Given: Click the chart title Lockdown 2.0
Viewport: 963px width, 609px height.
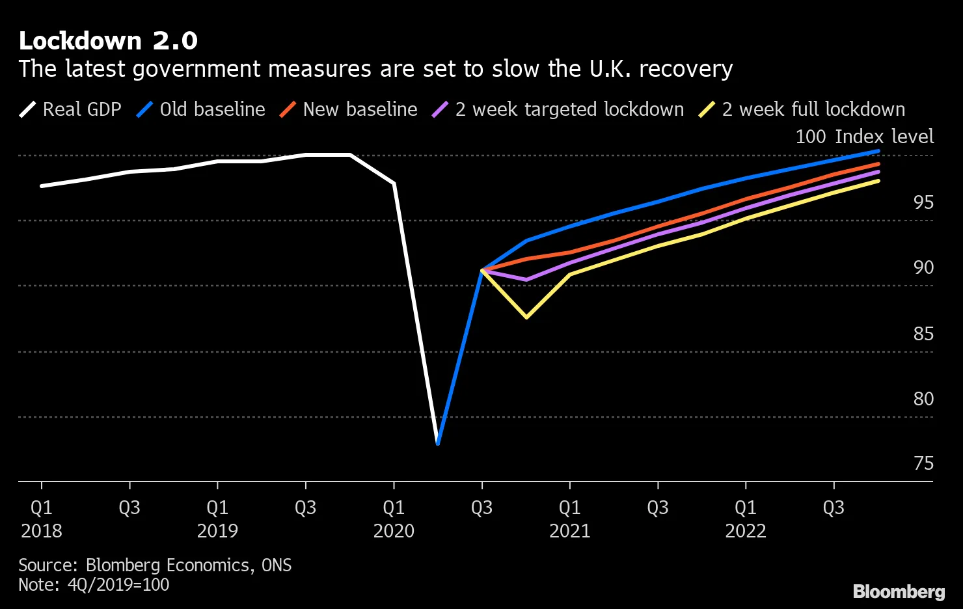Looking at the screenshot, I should [108, 41].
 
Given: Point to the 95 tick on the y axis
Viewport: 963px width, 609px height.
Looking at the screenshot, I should [923, 203].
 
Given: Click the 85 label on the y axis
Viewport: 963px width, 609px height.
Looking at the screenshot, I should [923, 334].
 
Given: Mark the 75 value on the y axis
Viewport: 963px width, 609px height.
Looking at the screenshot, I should [923, 464].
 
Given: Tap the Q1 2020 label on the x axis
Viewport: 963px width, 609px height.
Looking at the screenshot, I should [394, 519].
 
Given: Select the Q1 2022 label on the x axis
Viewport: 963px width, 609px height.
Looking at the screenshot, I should [746, 519].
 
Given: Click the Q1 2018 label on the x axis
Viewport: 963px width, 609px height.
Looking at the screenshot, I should [42, 519].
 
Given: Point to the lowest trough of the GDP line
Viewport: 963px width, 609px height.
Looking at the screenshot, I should [438, 444].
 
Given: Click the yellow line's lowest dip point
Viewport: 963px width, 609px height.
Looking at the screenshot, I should [526, 317].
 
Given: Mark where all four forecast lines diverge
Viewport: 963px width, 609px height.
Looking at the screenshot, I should [482, 269].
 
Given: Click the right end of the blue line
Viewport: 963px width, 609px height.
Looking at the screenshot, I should [878, 151].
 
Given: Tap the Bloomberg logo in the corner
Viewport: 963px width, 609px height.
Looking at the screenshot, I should [899, 591].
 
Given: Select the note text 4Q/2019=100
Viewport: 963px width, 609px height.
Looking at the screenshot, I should [118, 584].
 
